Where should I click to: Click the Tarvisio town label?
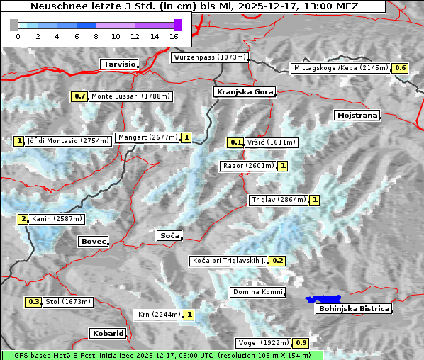pyautogui.click(x=118, y=64)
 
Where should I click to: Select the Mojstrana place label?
pyautogui.click(x=357, y=115)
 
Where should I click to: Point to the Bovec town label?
pyautogui.click(x=93, y=242)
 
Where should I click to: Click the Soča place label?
pyautogui.click(x=169, y=235)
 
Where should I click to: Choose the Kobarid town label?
pyautogui.click(x=108, y=333)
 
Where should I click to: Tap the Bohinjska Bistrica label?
pyautogui.click(x=354, y=309)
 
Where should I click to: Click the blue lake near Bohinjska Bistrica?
pyautogui.click(x=323, y=300)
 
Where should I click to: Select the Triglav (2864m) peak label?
pyautogui.click(x=279, y=200)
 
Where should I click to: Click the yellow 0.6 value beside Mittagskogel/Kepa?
pyautogui.click(x=401, y=68)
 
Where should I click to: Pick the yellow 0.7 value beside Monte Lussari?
pyautogui.click(x=79, y=96)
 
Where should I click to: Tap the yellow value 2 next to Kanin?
pyautogui.click(x=23, y=219)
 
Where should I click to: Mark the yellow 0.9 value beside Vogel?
pyautogui.click(x=301, y=343)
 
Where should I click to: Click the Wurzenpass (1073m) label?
pyautogui.click(x=210, y=57)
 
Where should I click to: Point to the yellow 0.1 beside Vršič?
pyautogui.click(x=236, y=142)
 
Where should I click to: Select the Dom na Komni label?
pyautogui.click(x=257, y=292)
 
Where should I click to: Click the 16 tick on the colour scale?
pyautogui.click(x=174, y=35)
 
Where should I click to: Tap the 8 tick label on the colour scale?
pyautogui.click(x=96, y=35)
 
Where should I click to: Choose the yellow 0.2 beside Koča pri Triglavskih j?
pyautogui.click(x=277, y=261)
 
